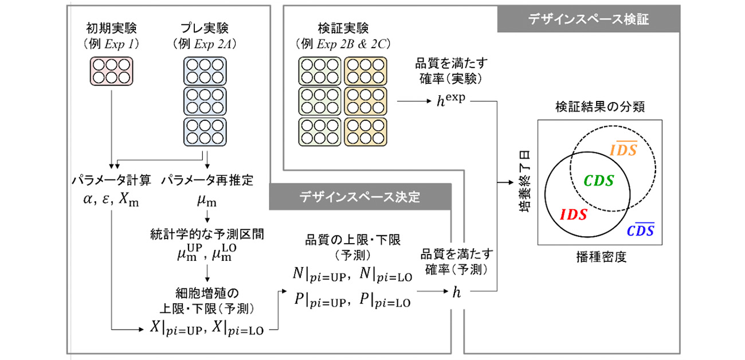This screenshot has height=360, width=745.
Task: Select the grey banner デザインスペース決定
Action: (x=360, y=197)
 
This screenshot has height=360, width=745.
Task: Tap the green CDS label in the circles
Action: (x=598, y=181)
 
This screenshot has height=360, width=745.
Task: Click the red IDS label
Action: (x=573, y=214)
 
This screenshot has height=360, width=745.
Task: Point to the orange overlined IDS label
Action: (x=624, y=151)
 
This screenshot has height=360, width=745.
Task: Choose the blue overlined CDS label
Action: (x=640, y=230)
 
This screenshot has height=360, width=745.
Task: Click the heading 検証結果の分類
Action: (x=598, y=107)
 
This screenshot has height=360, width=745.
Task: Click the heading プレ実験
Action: (x=204, y=28)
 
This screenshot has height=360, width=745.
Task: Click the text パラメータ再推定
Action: (x=207, y=181)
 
